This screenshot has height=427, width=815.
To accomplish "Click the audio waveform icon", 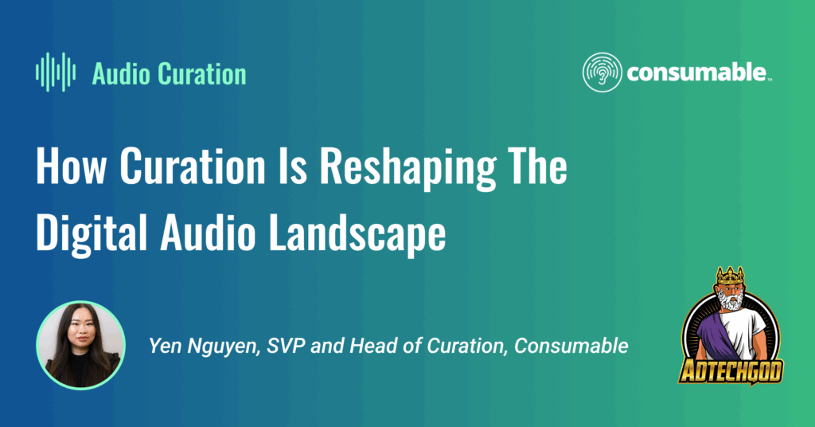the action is [x=56, y=72].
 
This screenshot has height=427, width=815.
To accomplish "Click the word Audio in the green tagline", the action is [x=122, y=74].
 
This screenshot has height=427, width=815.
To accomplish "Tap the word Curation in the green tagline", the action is [x=202, y=74].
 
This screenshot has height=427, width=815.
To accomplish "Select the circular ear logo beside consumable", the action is [x=602, y=72].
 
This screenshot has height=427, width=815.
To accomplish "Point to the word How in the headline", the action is [x=71, y=166].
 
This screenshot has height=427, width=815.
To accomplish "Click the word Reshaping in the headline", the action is [x=407, y=169].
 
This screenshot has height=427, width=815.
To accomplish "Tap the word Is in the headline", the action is [x=293, y=166].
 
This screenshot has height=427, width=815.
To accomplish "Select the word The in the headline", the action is [x=537, y=166].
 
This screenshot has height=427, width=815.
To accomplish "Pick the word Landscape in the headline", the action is [x=357, y=234].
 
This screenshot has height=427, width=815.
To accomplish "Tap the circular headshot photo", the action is [x=80, y=346].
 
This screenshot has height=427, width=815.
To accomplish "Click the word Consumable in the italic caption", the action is [x=571, y=346].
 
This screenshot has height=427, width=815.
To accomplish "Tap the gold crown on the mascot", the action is [x=731, y=276].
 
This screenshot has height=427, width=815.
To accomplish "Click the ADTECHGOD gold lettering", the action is [x=731, y=371].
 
